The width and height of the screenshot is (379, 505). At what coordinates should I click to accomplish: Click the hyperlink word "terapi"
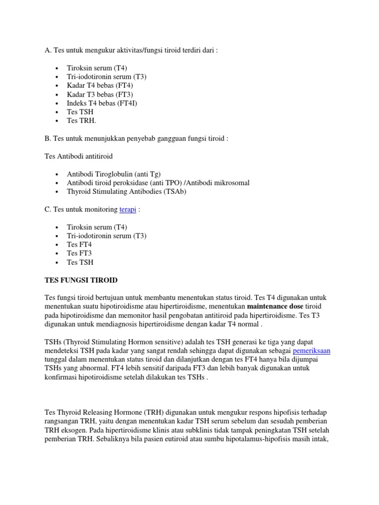(127, 210)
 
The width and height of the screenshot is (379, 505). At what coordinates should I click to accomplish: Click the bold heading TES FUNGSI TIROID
(81, 280)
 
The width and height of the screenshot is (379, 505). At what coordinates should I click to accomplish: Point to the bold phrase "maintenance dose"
(275, 306)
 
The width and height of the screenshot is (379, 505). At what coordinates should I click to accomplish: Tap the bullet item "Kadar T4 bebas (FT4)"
(100, 85)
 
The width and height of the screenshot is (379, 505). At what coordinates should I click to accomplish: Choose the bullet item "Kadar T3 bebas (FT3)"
(100, 94)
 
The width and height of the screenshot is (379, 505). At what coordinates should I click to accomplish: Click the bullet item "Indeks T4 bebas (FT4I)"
(102, 103)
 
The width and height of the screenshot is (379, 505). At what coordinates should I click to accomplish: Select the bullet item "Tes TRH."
(81, 121)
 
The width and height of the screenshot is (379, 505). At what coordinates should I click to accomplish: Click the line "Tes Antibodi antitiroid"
(78, 156)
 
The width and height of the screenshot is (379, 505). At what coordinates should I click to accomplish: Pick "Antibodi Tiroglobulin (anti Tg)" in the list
(114, 174)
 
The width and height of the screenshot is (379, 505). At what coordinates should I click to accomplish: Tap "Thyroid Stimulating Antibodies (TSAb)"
(126, 192)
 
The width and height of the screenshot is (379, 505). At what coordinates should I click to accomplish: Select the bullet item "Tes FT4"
(79, 245)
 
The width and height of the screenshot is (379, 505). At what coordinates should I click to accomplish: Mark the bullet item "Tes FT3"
(79, 253)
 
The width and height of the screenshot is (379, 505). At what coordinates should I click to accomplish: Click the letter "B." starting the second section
(48, 139)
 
